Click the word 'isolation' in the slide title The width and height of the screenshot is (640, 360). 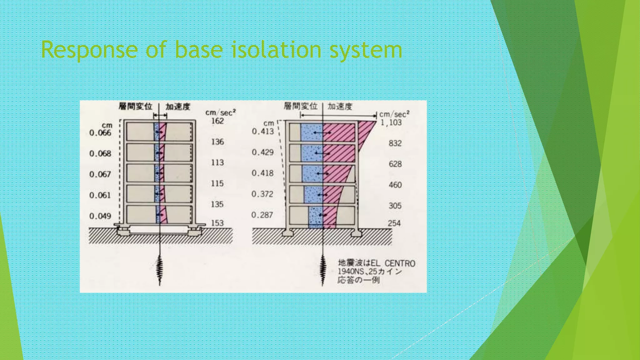276,50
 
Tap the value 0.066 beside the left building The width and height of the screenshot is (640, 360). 100,133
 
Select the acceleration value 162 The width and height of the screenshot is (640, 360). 217,121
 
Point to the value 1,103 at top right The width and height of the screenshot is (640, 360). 391,122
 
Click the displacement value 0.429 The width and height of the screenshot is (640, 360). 262,152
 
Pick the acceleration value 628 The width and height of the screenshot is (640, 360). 395,164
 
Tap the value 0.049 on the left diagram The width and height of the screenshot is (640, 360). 100,216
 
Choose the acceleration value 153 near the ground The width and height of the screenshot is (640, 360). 217,223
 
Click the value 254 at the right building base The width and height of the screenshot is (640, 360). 394,223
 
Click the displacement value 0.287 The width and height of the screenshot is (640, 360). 262,215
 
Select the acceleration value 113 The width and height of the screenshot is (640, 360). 217,162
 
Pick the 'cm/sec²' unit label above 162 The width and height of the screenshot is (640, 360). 220,112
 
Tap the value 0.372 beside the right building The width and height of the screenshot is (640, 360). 262,194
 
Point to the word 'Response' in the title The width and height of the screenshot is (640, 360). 89,50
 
